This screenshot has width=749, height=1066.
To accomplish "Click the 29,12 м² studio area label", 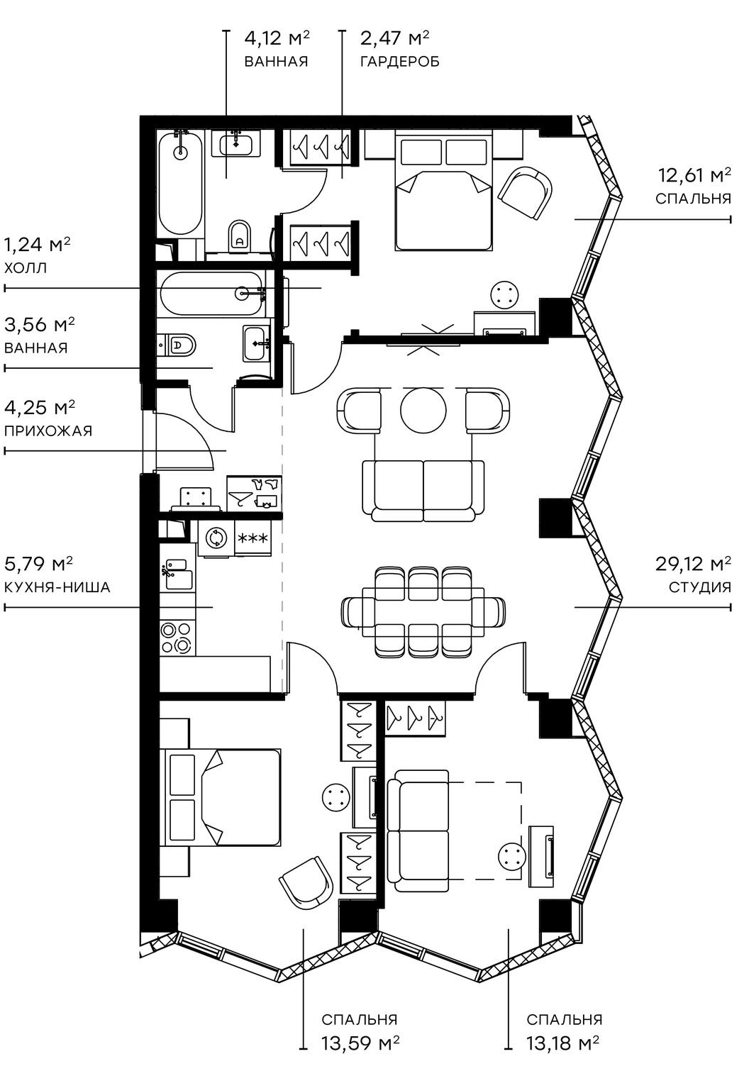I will [692, 565].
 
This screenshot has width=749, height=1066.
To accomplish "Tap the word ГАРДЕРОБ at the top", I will [399, 62].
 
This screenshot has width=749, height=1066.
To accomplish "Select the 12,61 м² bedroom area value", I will [694, 175].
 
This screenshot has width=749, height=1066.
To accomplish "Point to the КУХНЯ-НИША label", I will [57, 587].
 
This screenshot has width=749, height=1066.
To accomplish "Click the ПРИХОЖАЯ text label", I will [48, 431].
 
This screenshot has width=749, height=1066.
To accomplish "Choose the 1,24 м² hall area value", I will [38, 245].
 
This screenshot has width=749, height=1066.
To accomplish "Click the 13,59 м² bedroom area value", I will [360, 1043].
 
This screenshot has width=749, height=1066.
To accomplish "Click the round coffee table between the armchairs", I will [423, 410].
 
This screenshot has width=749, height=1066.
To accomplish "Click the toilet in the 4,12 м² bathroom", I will [240, 235].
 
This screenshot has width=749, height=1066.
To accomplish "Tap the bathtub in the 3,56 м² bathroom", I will [212, 293].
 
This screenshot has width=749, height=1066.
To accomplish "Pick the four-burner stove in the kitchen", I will [177, 636].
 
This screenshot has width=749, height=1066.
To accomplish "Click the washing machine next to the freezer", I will [216, 538].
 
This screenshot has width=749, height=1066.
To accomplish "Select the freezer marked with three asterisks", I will [253, 538].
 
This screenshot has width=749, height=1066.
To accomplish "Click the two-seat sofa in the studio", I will [423, 489].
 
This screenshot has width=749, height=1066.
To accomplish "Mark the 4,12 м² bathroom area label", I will [277, 37].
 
